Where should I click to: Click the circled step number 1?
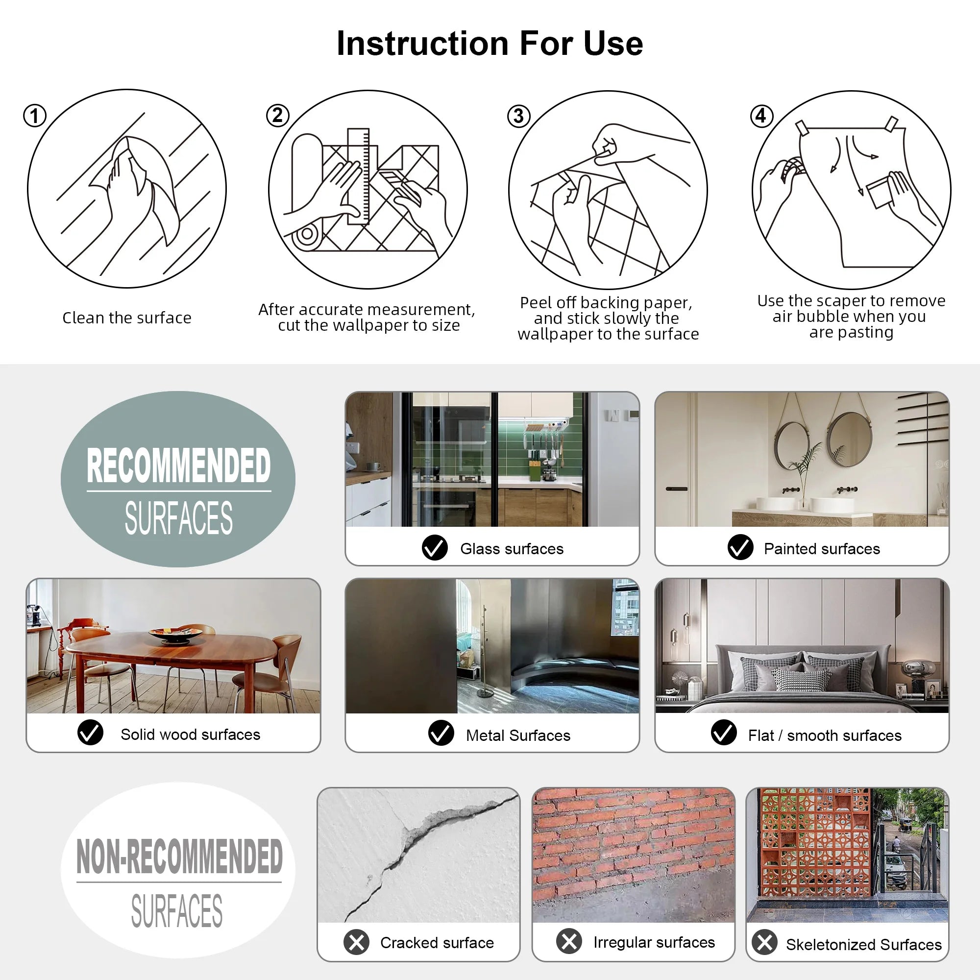point(35,116)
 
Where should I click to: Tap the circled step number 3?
point(518,116)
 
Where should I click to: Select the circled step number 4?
point(761,116)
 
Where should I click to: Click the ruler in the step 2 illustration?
point(358,176)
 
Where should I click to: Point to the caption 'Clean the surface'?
point(127,318)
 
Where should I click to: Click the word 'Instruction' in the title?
point(422,44)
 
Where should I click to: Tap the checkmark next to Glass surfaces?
point(435,548)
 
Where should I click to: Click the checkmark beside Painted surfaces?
point(740,548)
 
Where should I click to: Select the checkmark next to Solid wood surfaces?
point(90,733)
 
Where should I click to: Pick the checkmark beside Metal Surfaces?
point(441,733)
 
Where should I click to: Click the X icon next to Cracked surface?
point(357,942)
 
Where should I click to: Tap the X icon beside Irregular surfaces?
point(569,941)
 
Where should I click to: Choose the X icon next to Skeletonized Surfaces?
point(764,942)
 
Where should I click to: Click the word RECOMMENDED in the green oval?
point(178,465)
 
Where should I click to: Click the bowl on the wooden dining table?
point(175,635)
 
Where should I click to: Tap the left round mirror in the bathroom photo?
point(792,446)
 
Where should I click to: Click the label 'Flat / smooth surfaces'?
point(825,735)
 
